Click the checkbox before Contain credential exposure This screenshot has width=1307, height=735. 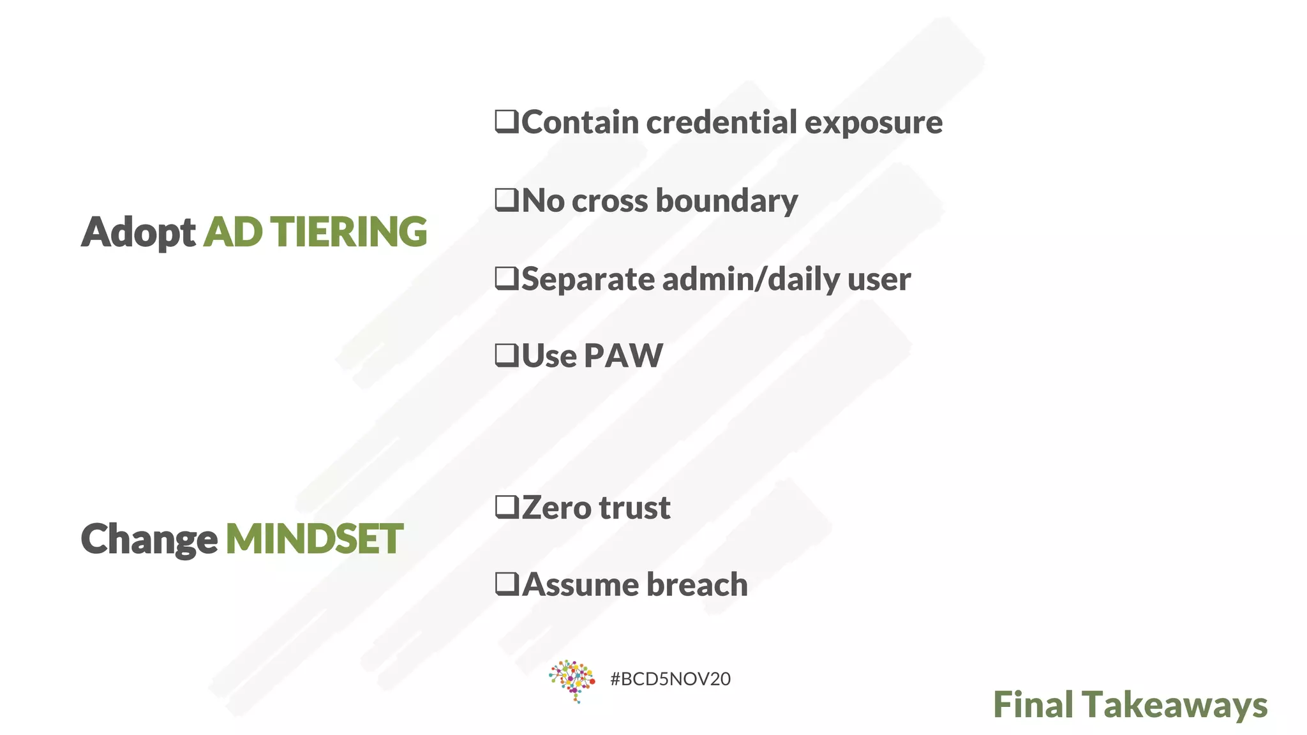coord(507,121)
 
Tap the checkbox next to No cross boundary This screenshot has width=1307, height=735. coord(507,200)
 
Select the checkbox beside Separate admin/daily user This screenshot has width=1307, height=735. coord(507,278)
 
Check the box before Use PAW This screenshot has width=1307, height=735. coord(507,355)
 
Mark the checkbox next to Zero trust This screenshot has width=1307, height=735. coord(507,507)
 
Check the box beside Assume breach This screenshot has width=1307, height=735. coord(507,584)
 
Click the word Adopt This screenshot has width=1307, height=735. coord(138,232)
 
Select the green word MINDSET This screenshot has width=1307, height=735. coord(314,538)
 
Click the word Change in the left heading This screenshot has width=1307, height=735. coord(149,539)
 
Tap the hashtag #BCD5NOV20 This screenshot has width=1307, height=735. coord(670,679)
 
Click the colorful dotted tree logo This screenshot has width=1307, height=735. coord(572,681)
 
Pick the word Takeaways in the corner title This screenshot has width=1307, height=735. coord(1175,705)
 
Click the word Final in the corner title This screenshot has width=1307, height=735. coord(1033,704)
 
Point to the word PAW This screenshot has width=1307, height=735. coord(623,355)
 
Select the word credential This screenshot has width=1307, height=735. coord(721,122)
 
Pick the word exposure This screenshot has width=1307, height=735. coord(873,122)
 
